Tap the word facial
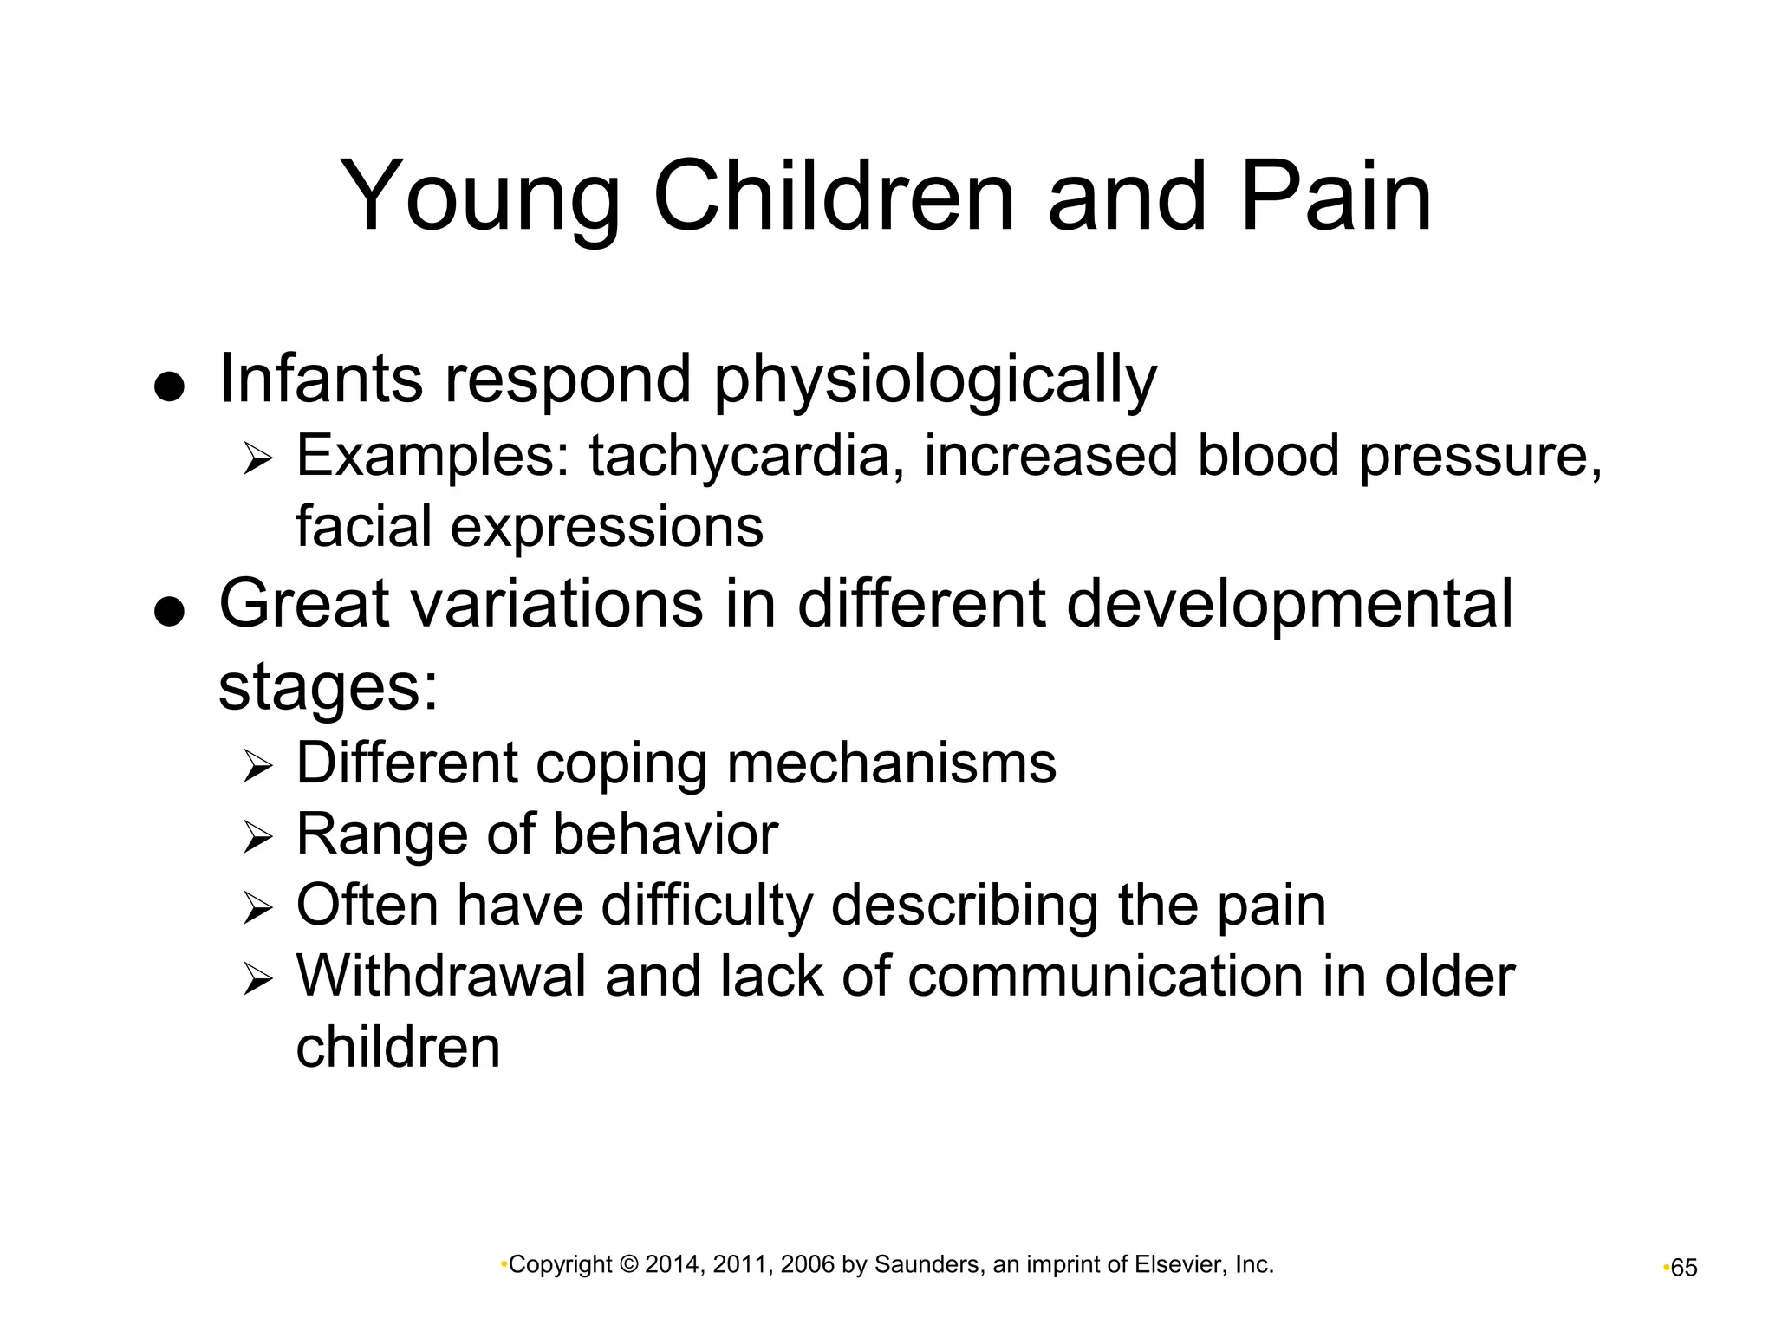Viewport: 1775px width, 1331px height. (x=363, y=526)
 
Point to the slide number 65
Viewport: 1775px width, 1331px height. (x=1683, y=1269)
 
